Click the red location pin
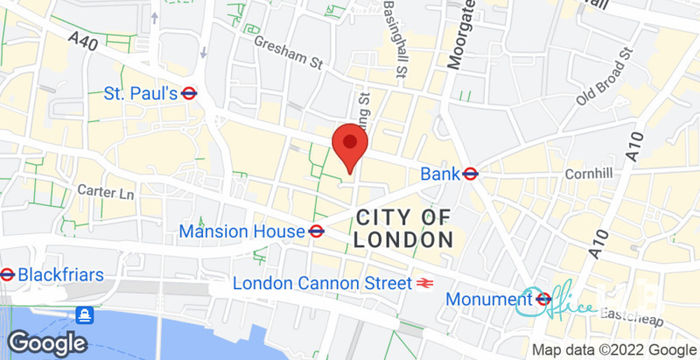[x=348, y=149]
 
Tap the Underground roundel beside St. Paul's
[x=189, y=93]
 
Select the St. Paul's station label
[x=140, y=93]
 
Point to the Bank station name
[x=440, y=174]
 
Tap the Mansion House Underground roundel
[x=316, y=231]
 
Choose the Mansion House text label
[x=241, y=232]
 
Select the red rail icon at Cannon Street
[x=425, y=283]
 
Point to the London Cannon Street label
[x=321, y=283]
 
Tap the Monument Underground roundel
[x=544, y=298]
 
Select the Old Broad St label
[x=605, y=75]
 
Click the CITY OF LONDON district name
[x=403, y=228]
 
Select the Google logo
[x=46, y=342]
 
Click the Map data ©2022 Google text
[x=613, y=349]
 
